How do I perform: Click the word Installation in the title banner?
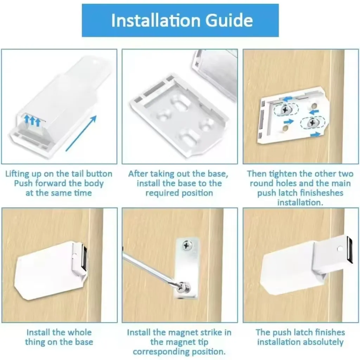click(x=156, y=20)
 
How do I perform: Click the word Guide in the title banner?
click(x=229, y=20)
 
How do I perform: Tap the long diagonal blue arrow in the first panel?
click(x=81, y=133)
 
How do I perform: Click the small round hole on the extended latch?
click(x=340, y=248)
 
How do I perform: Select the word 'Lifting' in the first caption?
click(x=18, y=174)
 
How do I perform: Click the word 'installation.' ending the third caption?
click(x=300, y=202)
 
